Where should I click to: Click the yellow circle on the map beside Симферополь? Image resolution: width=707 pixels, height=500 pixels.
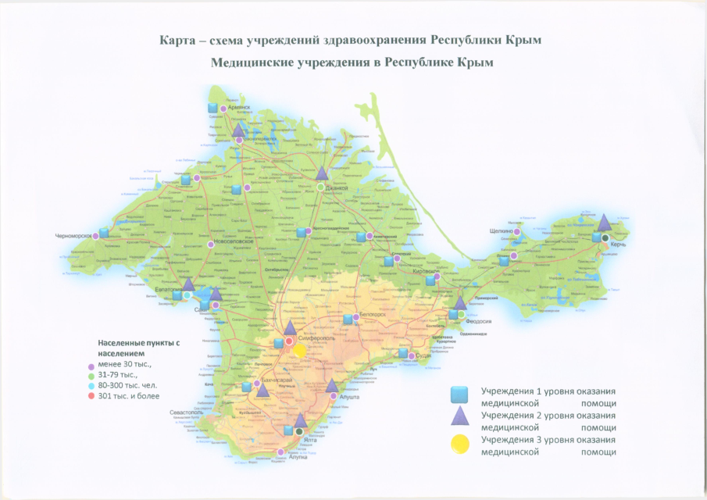(x=299, y=350)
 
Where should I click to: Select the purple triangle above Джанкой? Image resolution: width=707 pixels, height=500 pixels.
(x=321, y=173)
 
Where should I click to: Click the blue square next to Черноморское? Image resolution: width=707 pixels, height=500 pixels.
(x=104, y=232)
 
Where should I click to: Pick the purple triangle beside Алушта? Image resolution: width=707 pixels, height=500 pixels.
(x=332, y=385)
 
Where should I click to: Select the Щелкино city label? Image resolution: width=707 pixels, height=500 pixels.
(x=500, y=231)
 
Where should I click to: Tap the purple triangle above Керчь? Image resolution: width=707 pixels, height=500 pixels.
(x=603, y=222)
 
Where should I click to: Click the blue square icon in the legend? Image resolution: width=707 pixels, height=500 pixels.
(x=461, y=394)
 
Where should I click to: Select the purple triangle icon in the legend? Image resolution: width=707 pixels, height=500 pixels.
(x=461, y=418)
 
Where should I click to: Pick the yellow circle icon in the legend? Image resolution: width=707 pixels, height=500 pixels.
(x=461, y=444)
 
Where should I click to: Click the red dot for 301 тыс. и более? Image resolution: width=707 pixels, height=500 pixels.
(x=91, y=397)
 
